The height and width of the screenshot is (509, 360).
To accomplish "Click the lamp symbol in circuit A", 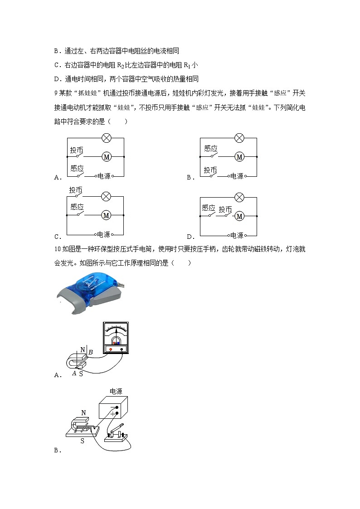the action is [x=106, y=137].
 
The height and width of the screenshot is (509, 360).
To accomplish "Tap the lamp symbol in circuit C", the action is [x=106, y=196].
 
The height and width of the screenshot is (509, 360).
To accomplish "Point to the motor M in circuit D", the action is [x=239, y=216].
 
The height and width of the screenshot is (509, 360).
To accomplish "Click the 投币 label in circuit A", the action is [x=77, y=150].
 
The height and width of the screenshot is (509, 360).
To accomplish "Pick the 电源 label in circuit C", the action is [x=103, y=235].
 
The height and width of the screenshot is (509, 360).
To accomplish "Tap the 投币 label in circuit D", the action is [x=225, y=209].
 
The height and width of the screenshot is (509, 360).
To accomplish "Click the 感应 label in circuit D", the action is [x=208, y=208].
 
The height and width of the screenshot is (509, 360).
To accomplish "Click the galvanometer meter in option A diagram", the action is [x=116, y=338].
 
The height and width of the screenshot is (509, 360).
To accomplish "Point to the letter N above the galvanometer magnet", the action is [x=83, y=349].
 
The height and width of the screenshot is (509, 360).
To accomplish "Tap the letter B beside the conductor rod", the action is [x=90, y=352].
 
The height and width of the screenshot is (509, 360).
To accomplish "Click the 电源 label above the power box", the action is [x=116, y=391].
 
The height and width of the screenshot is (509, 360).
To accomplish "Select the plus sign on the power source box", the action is [x=113, y=413].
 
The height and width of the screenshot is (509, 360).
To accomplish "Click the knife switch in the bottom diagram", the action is [x=116, y=432].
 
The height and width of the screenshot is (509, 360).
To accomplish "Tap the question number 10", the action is [x=57, y=249].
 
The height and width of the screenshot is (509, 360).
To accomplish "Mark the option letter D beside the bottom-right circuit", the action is [x=190, y=237].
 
